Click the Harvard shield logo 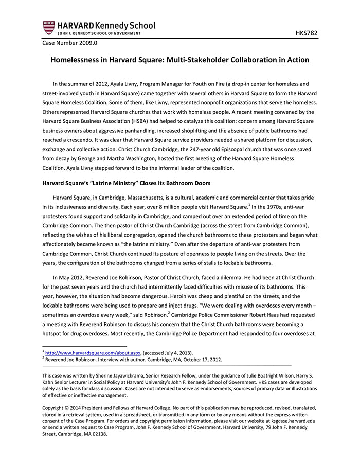coord(48,27)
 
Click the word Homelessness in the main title coord(75,60)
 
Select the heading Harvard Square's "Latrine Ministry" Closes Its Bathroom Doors coord(127,183)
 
